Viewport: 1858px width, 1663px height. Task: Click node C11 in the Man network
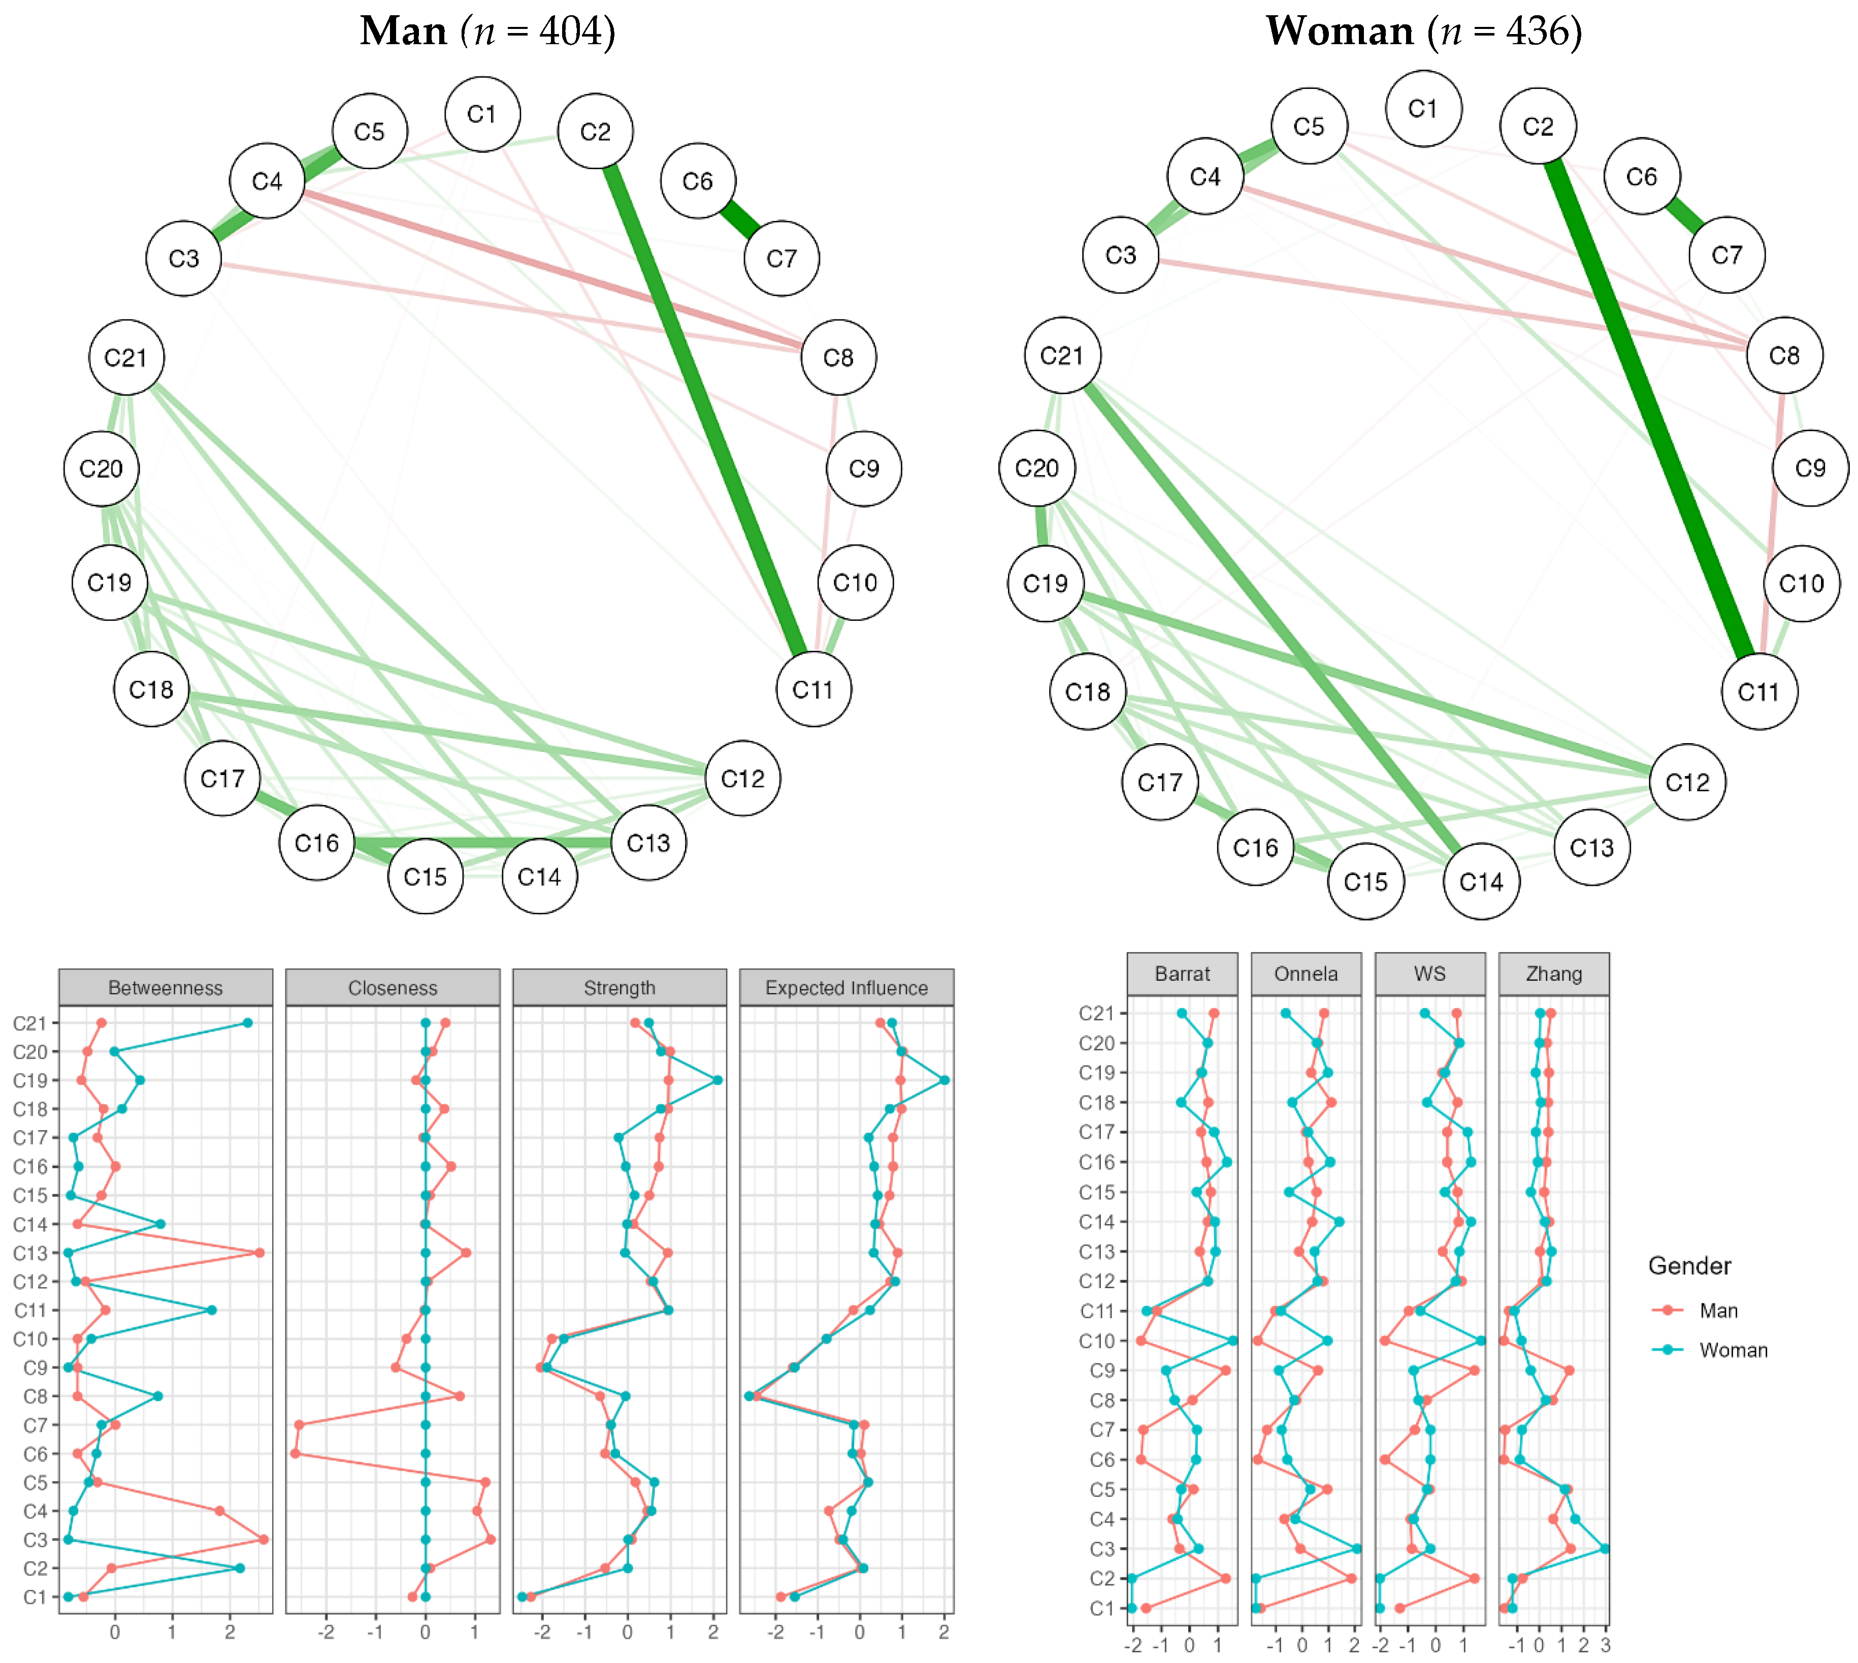[x=813, y=690]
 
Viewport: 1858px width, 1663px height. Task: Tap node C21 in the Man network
[x=126, y=357]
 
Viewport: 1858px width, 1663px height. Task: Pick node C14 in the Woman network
[x=1481, y=882]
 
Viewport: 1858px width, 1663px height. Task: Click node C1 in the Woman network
[x=1422, y=109]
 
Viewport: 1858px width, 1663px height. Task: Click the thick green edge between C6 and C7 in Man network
[x=740, y=219]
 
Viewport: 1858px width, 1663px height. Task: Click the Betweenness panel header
[x=166, y=988]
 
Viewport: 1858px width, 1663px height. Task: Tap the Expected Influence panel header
[x=846, y=988]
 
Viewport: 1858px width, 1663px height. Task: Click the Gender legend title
[x=1689, y=1265]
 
